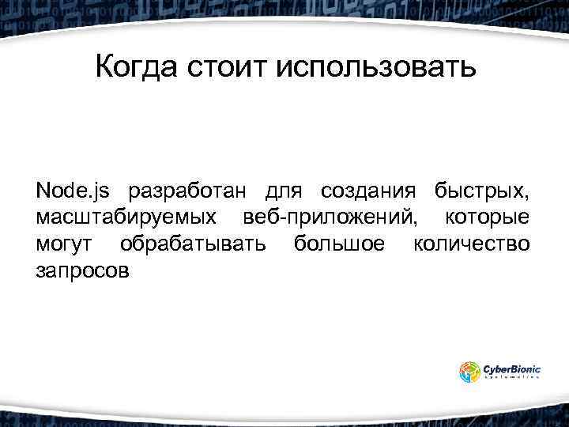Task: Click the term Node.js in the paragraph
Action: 73,191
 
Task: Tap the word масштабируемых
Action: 127,217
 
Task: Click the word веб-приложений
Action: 331,217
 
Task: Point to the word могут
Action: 66,243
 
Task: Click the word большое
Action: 340,243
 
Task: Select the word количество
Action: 472,243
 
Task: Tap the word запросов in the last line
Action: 80,270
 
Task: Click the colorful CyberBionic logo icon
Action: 469,372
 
